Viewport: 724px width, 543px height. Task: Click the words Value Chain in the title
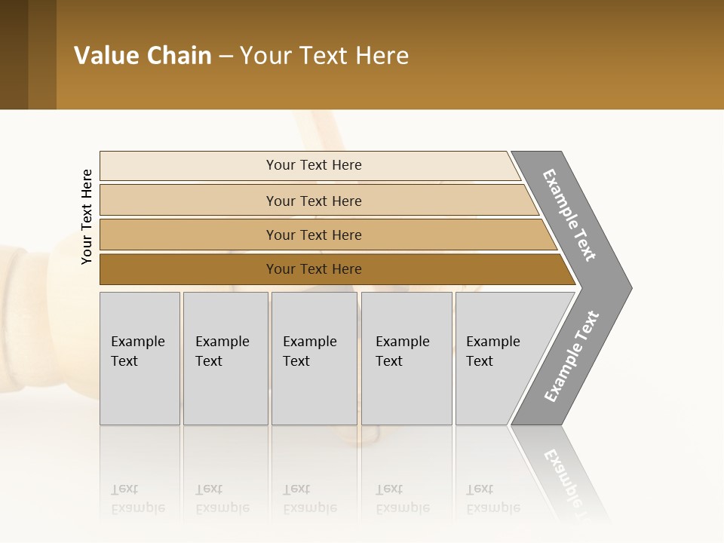pos(143,56)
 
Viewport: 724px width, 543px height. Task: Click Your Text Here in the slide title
pos(324,56)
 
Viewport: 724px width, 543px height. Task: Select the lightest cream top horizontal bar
pos(189,165)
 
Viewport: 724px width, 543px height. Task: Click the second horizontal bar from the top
pos(189,201)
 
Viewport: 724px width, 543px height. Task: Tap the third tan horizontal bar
pos(189,235)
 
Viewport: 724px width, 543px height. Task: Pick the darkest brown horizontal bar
pos(189,269)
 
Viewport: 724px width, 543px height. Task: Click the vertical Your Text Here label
pos(87,216)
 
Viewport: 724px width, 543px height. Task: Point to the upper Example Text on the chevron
pos(569,215)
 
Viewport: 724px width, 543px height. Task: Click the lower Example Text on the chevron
pos(572,356)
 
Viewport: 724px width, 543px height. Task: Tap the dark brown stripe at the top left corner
pos(14,54)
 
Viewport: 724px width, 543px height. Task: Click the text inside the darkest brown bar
pos(314,269)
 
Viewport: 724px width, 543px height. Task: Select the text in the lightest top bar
pos(314,165)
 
